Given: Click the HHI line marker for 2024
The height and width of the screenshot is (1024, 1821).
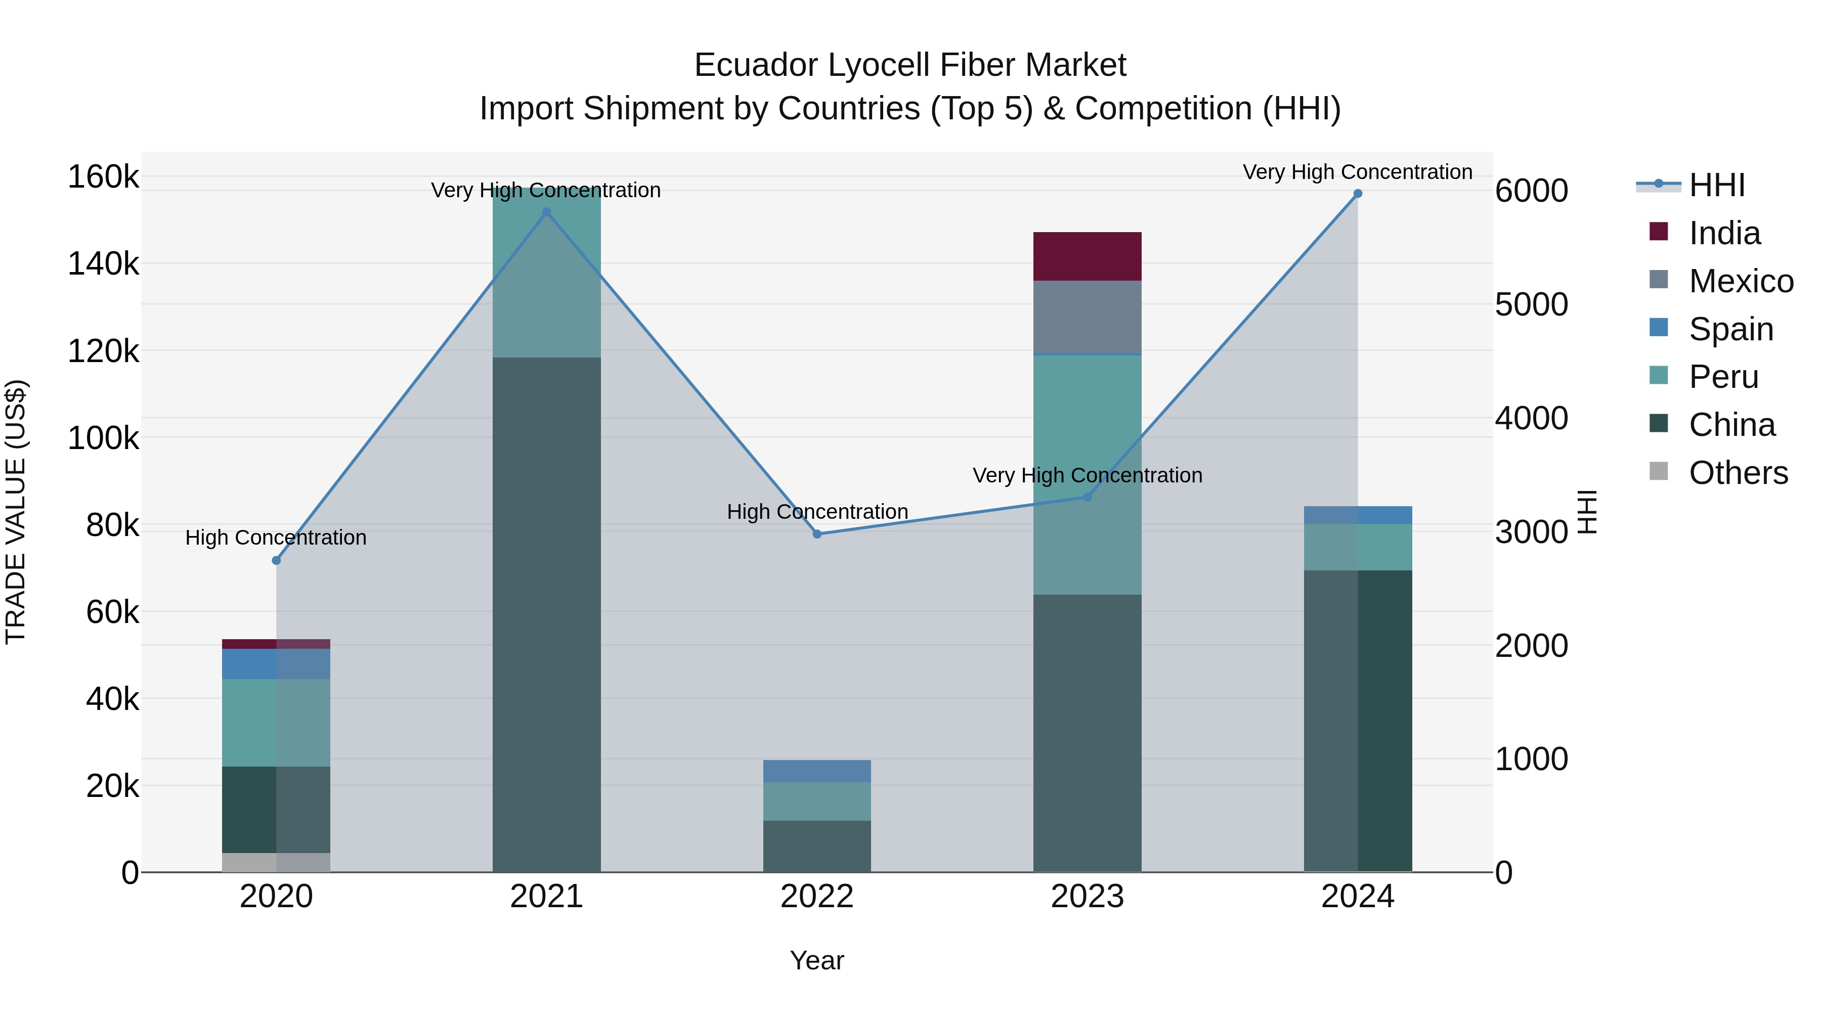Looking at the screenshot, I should [x=1357, y=194].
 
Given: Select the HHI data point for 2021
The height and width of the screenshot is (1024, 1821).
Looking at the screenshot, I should [x=546, y=212].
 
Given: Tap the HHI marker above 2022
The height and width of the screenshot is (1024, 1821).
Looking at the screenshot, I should [x=817, y=535].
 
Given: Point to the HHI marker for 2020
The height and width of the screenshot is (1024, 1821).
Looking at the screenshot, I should [x=276, y=560].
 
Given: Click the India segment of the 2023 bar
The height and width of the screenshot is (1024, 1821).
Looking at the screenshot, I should [x=1087, y=256].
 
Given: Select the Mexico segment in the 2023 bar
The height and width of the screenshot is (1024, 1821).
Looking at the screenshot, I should [x=1087, y=317].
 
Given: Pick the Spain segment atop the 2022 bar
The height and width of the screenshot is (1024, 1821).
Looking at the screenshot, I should [x=817, y=771].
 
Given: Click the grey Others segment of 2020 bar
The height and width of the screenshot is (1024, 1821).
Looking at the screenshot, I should [x=276, y=862].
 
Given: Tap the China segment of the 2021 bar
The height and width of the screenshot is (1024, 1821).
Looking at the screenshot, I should [x=546, y=615].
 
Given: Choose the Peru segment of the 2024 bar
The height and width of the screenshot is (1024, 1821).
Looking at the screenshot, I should [x=1357, y=547].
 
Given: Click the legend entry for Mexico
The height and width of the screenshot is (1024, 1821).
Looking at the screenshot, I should [x=1741, y=281].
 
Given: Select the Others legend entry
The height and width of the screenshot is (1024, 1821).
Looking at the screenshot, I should [x=1738, y=473].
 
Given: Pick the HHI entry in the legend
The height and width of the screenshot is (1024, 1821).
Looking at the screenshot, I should [x=1716, y=185].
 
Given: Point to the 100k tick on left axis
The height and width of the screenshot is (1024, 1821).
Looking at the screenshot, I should [x=103, y=438].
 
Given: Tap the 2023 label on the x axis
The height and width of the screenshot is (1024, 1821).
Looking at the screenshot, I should [x=1087, y=897].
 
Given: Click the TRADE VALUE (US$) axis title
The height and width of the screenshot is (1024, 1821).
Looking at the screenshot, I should [x=16, y=512].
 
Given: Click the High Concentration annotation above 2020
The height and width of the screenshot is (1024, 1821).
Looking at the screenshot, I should [x=276, y=538].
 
